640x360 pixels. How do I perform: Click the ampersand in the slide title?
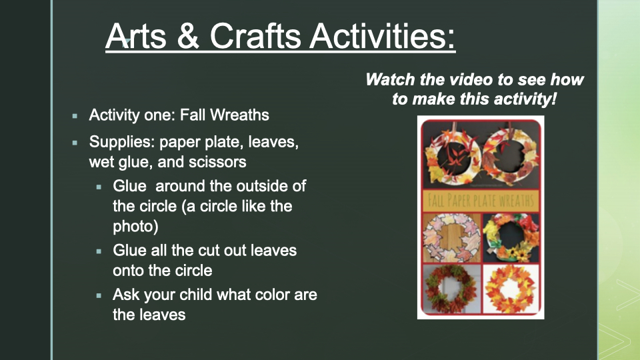tap(188, 36)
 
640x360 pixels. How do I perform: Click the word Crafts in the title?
tap(255, 35)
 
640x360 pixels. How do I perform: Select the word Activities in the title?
tap(383, 35)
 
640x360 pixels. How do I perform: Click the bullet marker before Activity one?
tap(75, 116)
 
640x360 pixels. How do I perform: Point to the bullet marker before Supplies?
tap(75, 143)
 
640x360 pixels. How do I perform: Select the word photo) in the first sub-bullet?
tap(135, 227)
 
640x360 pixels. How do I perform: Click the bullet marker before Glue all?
tap(99, 251)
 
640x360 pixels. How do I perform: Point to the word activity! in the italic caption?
tap(525, 99)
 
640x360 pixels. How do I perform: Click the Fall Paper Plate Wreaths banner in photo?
tap(481, 201)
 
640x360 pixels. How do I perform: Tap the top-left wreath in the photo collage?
tap(452, 155)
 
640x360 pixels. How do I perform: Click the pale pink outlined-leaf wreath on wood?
tap(452, 237)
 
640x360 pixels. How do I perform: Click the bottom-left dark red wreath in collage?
tap(451, 289)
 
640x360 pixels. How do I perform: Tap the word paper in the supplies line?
tap(179, 143)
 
